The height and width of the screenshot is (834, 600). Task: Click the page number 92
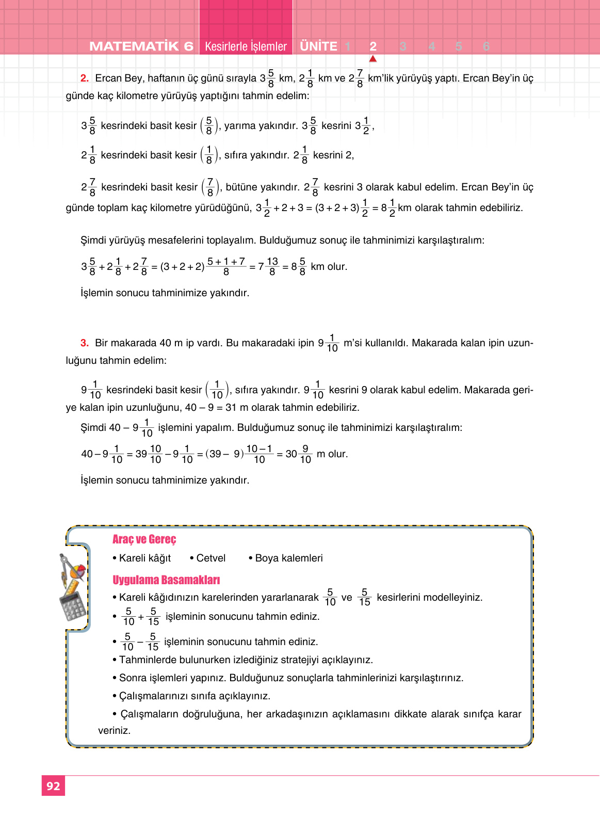click(x=53, y=786)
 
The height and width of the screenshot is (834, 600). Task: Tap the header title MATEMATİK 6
click(x=141, y=46)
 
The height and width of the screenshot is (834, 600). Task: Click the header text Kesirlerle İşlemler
click(x=246, y=46)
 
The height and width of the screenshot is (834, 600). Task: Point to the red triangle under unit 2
click(x=373, y=59)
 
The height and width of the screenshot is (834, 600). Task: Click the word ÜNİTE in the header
click(x=318, y=46)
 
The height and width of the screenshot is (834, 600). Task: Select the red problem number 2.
click(x=85, y=78)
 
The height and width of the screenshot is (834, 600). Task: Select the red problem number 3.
click(x=85, y=343)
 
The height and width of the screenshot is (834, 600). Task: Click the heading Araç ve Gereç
click(x=144, y=539)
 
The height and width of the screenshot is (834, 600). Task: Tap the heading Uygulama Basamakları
click(x=166, y=580)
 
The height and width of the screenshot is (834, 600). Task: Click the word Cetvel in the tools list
click(x=210, y=558)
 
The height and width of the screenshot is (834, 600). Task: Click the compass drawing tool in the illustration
click(x=66, y=567)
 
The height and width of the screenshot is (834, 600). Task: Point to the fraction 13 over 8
click(x=272, y=266)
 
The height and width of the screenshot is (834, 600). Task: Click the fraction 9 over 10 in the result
click(x=305, y=454)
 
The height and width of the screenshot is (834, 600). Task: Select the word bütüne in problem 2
click(x=241, y=187)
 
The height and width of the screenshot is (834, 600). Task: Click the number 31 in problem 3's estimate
click(x=231, y=408)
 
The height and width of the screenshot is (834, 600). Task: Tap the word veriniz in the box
click(x=114, y=731)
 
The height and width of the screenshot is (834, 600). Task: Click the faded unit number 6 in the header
click(x=486, y=46)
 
